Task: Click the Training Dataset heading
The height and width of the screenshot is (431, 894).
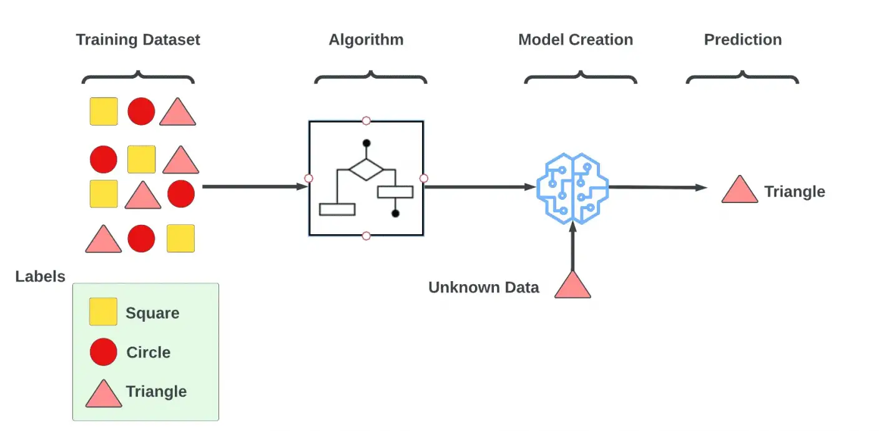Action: coord(138,40)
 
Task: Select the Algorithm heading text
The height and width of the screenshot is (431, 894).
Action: coord(366,40)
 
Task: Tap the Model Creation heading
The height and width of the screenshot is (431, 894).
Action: coord(575,40)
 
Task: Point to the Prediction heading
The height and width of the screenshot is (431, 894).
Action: coord(742,40)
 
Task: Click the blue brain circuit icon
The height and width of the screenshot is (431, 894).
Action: coord(572,188)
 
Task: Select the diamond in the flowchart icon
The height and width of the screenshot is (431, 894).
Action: coord(366,169)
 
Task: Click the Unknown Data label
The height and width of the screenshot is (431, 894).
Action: coord(483,287)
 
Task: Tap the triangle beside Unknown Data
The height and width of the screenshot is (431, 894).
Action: coord(572,285)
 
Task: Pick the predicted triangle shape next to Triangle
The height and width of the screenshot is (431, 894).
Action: coord(739,190)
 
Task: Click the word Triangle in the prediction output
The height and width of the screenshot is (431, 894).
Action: coord(794,192)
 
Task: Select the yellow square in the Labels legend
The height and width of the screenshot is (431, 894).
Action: coord(103,312)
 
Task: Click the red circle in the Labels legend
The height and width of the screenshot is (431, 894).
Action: coord(103,352)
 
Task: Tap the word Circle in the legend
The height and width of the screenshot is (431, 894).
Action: coord(148,352)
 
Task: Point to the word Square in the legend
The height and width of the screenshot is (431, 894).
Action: coord(152,313)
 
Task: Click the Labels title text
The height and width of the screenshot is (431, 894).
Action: coord(40,277)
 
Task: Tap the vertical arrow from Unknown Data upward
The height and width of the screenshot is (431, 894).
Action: coord(572,247)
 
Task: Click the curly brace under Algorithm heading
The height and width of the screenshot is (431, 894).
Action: coord(370,78)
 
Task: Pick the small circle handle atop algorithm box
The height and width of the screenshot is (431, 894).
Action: coord(366,121)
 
